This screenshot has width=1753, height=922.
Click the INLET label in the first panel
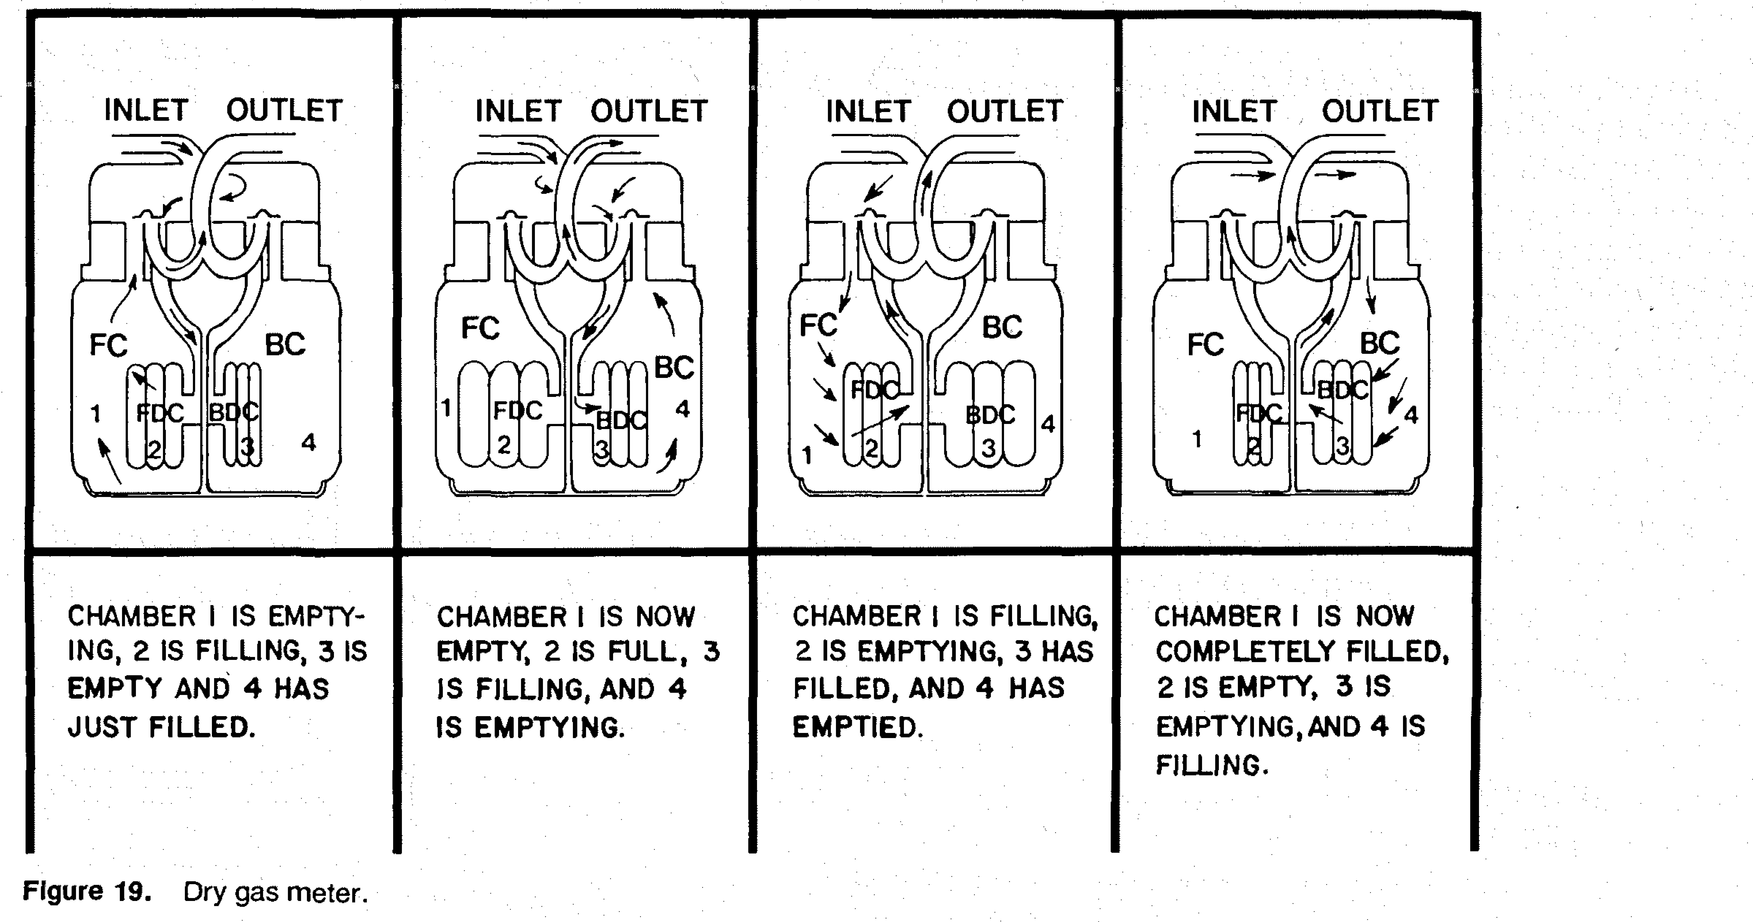point(146,110)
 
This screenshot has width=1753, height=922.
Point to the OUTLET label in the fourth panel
point(1380,110)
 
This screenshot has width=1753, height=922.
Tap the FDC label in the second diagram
point(517,410)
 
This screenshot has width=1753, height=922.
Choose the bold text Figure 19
point(86,891)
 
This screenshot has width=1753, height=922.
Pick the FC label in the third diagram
point(818,325)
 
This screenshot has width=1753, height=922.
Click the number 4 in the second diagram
point(683,409)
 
